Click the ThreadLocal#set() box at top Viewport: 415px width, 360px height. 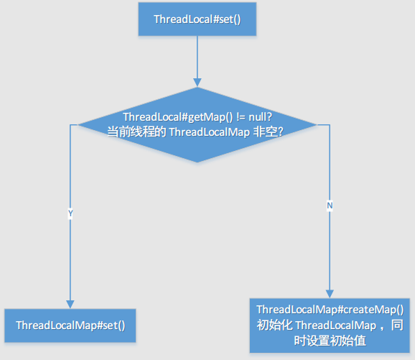tap(197, 19)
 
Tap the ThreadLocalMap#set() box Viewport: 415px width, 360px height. tap(70, 326)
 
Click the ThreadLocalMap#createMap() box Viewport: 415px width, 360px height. tap(330, 325)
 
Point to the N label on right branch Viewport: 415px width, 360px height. tap(330, 205)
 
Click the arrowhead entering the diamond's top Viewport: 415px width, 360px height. tap(197, 83)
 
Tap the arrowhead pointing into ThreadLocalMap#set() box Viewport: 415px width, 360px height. tap(70, 305)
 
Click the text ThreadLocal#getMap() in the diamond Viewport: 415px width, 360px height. tap(170, 117)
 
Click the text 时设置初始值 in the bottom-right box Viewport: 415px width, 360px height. tap(330, 341)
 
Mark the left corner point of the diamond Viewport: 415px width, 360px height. tap(78, 125)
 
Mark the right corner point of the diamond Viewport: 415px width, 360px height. tap(316, 125)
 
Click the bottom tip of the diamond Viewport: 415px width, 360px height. tap(197, 162)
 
